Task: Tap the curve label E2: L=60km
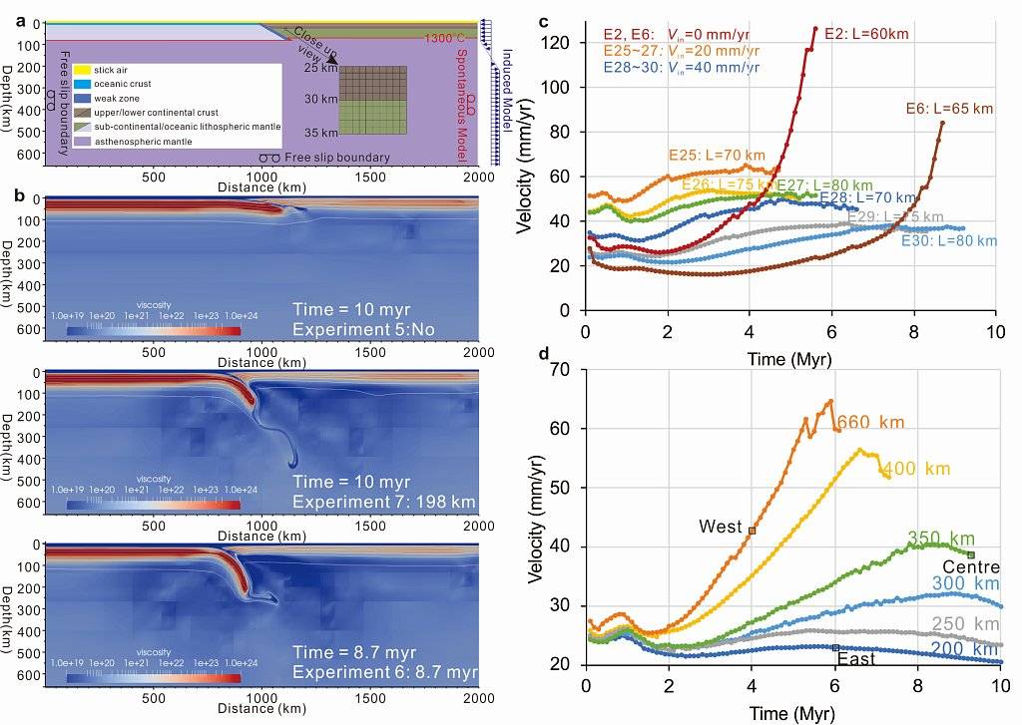click(x=867, y=33)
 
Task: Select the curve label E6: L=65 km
click(x=949, y=108)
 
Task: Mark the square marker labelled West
click(x=752, y=531)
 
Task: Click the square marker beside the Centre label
click(x=970, y=555)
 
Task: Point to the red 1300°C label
click(x=445, y=39)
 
